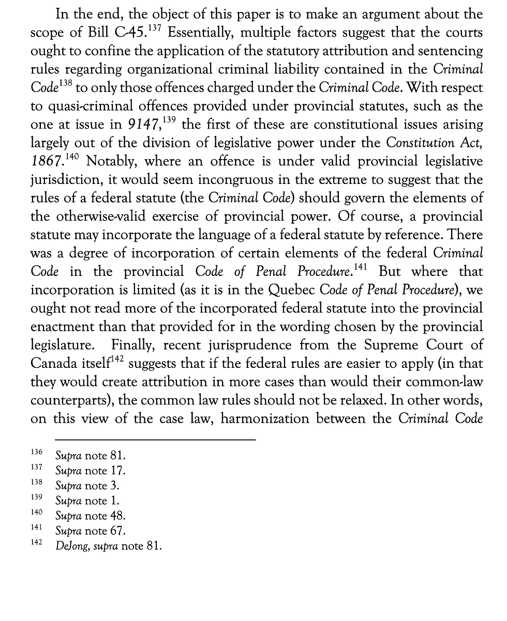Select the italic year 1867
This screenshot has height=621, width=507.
pos(47,161)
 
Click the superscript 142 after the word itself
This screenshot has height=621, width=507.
pos(117,359)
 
